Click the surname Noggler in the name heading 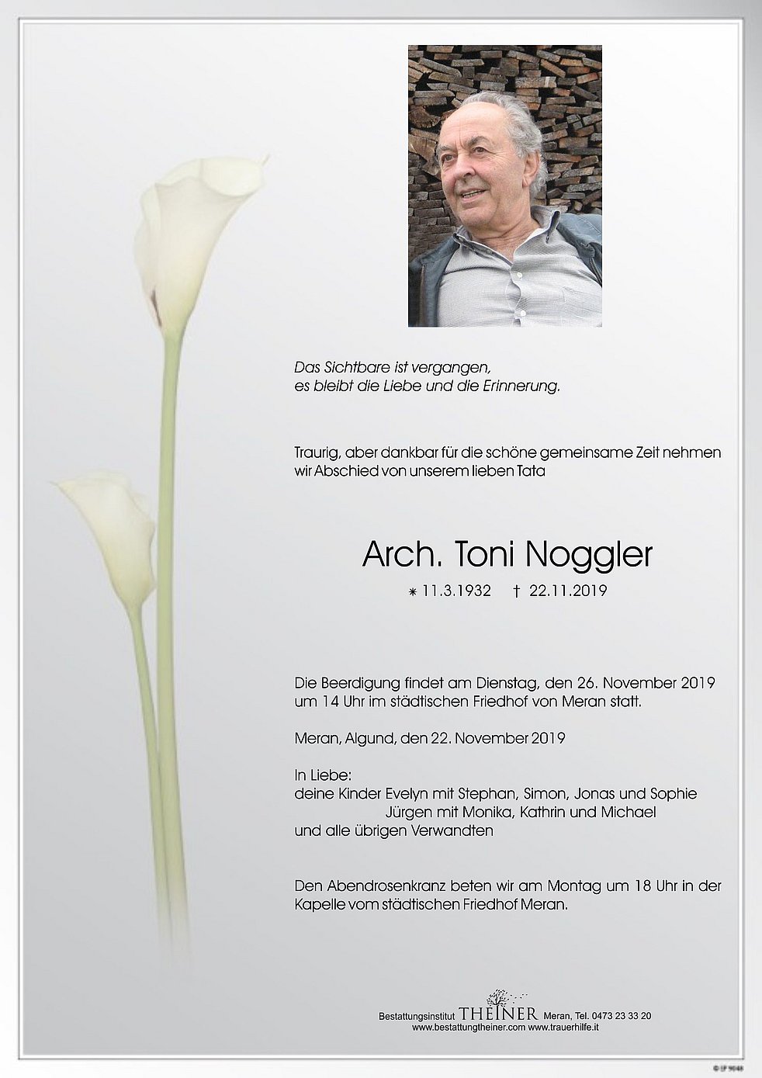coord(589,554)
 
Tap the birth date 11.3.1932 coord(457,591)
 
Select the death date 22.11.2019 coord(568,591)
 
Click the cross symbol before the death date coord(516,591)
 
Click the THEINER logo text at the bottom coord(499,1014)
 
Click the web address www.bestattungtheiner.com coord(469,1027)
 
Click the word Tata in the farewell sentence coord(532,471)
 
